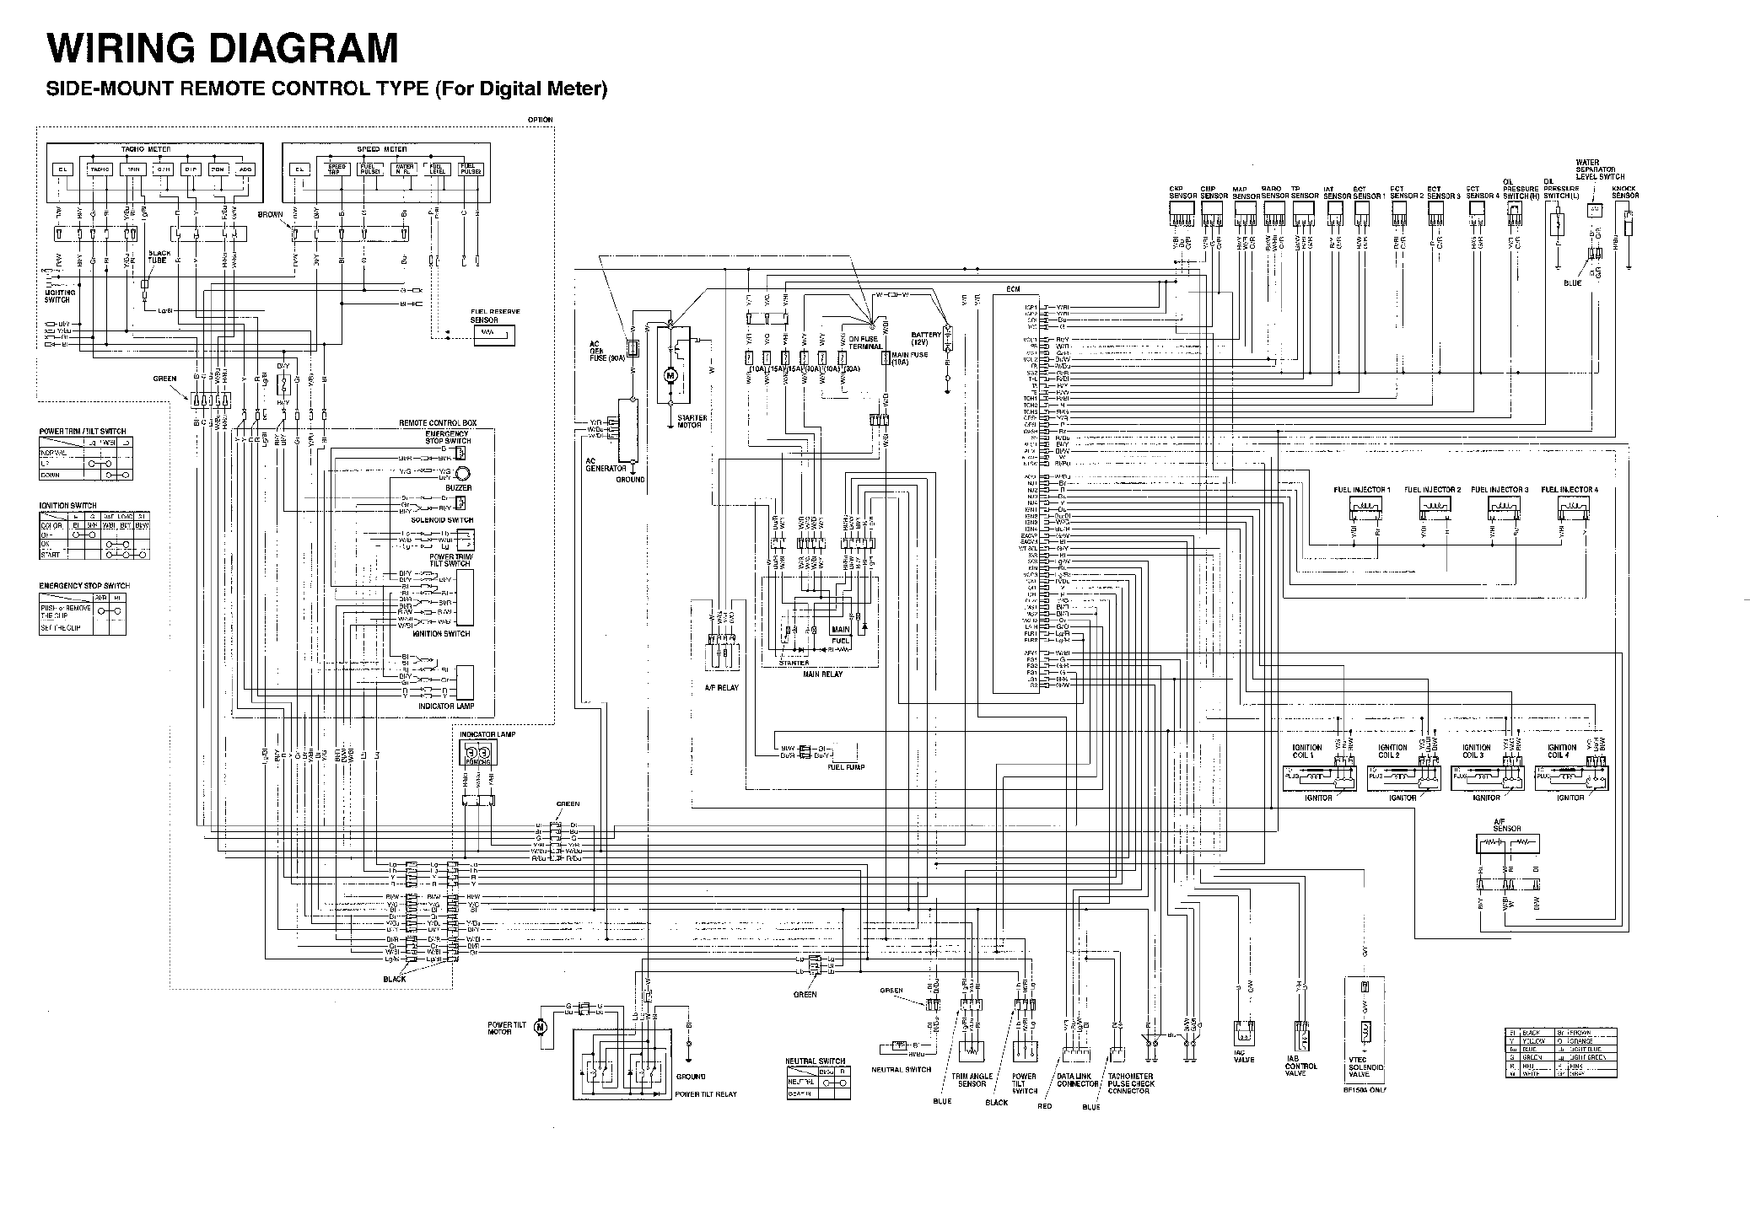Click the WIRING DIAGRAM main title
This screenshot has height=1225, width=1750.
222,48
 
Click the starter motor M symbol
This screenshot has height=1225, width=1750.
671,373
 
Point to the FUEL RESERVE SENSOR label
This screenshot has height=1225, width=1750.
495,315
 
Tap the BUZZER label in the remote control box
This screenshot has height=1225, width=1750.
460,488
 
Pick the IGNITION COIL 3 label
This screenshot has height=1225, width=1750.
1477,750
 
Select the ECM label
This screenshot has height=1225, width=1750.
1013,290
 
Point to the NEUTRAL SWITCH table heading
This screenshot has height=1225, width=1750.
815,1061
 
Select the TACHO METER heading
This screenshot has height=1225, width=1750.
146,149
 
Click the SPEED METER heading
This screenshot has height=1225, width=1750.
381,149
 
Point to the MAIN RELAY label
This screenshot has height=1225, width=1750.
821,674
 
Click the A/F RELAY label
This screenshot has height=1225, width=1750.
721,687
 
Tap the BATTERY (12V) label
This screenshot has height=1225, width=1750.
926,339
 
